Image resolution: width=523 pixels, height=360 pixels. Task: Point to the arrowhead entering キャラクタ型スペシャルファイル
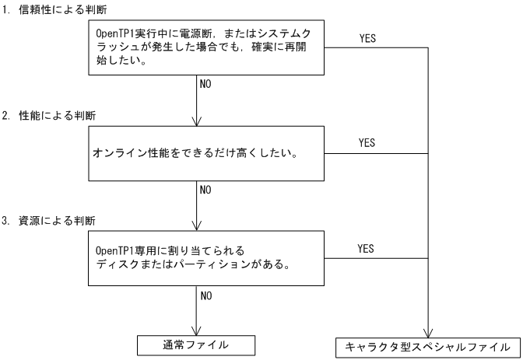click(x=427, y=332)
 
